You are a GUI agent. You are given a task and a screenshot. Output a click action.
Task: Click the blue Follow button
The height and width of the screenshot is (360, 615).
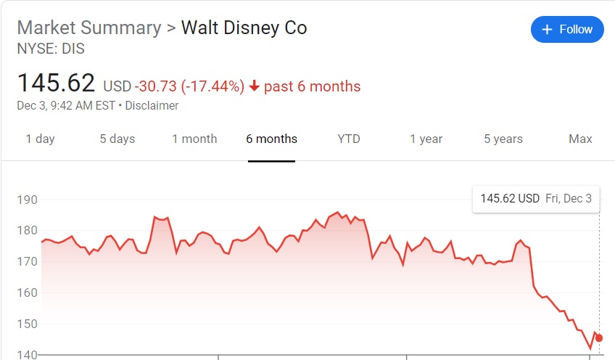(x=567, y=30)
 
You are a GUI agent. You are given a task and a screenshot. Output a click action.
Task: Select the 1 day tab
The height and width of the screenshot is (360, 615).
(x=40, y=139)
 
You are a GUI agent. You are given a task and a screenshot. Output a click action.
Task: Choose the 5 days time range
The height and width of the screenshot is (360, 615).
(x=117, y=139)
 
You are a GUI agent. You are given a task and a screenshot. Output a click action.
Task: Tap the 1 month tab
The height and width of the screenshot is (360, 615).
(x=194, y=139)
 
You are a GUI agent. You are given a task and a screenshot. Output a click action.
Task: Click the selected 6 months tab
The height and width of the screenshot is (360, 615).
(x=271, y=139)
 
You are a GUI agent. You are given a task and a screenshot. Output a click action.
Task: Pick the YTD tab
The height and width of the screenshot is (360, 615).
(x=349, y=139)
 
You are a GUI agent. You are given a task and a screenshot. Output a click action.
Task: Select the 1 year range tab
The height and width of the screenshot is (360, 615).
(x=426, y=139)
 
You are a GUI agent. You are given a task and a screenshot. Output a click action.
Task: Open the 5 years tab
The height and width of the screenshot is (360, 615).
(x=503, y=139)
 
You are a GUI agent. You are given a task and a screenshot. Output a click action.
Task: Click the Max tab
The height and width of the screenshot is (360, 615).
(x=580, y=139)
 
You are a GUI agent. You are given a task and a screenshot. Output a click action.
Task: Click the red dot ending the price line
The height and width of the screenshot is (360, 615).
(x=599, y=338)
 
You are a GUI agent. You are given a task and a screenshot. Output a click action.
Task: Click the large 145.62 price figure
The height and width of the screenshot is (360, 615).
(x=56, y=83)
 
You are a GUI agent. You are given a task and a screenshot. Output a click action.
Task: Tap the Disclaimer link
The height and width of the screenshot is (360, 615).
(x=152, y=105)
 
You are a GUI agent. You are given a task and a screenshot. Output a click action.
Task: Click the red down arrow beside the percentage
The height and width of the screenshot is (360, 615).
(x=254, y=86)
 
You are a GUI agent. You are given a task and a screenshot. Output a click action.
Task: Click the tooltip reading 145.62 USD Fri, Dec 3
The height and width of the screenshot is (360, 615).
(x=536, y=198)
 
